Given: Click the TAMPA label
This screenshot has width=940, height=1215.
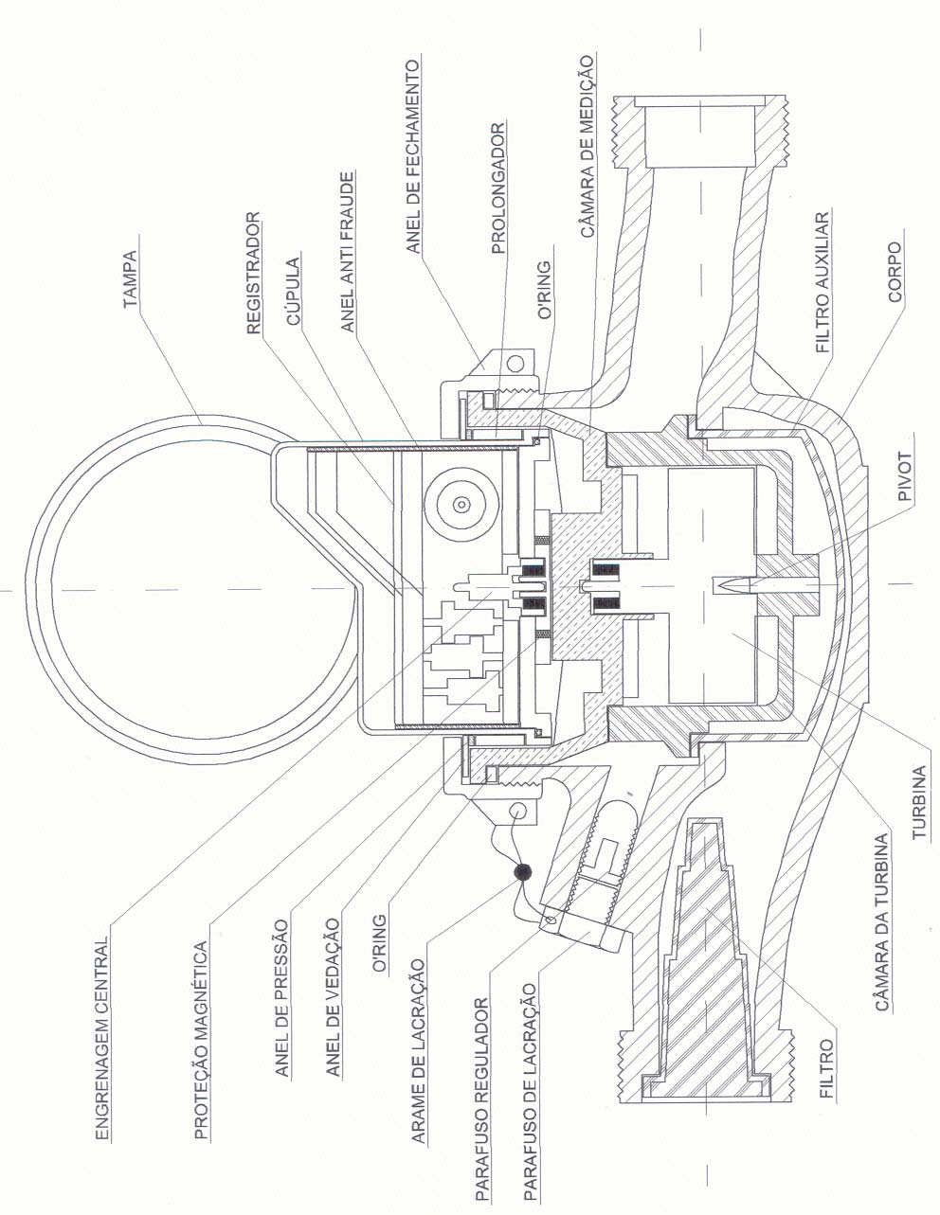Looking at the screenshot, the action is [x=130, y=279].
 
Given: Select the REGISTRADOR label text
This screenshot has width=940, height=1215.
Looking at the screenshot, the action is [x=253, y=273].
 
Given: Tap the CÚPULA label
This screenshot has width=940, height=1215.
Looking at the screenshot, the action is [x=294, y=292].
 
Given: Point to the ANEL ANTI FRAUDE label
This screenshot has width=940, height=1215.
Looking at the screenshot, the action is [x=347, y=252].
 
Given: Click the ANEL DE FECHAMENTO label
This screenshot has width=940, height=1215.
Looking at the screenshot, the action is [x=413, y=157].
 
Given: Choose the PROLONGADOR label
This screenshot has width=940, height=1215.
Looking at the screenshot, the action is [x=498, y=189].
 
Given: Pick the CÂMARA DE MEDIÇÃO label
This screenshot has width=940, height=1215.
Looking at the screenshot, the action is [x=587, y=146].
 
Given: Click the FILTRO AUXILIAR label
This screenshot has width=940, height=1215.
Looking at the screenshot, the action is [x=822, y=281].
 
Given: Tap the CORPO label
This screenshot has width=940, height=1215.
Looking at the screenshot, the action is [x=895, y=272].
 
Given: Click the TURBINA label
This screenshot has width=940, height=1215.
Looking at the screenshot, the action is [x=919, y=802].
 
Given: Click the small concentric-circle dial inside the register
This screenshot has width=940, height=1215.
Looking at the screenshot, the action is [x=461, y=505].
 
